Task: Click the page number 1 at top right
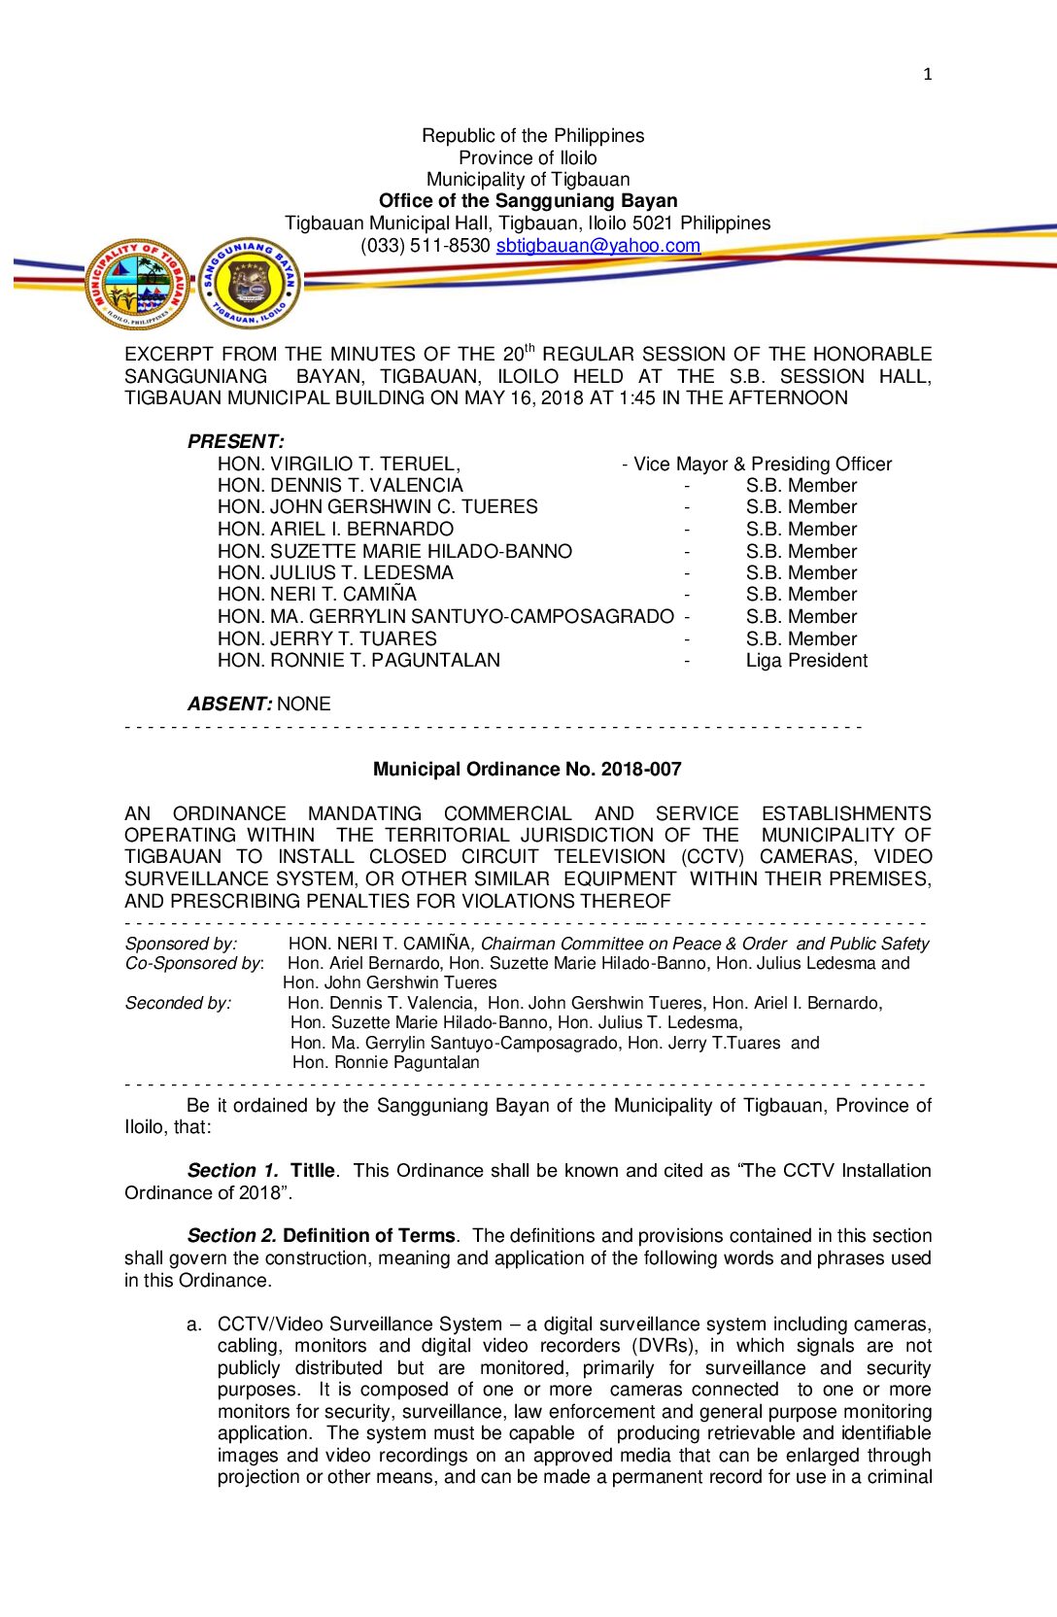point(927,74)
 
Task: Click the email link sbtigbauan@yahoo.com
point(597,246)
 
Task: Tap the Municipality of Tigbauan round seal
point(138,285)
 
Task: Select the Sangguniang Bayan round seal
point(250,284)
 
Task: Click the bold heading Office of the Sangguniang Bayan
point(528,201)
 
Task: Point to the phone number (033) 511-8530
point(425,246)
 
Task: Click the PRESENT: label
point(236,441)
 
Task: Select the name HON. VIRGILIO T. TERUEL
point(338,464)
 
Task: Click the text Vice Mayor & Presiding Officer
point(762,464)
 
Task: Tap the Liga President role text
point(806,661)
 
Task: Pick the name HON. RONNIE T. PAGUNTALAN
point(358,661)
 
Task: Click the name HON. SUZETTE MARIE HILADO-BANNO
point(394,551)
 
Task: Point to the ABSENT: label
point(229,704)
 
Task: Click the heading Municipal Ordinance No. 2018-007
point(528,770)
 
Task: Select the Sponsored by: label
point(181,944)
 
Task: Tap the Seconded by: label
point(178,1003)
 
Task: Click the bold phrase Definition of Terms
point(368,1236)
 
